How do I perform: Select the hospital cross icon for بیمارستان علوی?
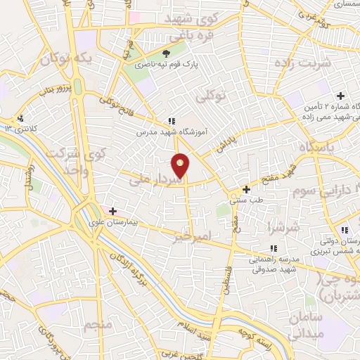(x=112, y=211)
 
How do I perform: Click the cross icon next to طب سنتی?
(x=246, y=189)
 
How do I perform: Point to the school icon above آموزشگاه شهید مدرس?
(x=172, y=121)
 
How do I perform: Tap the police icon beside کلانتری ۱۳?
(x=22, y=119)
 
